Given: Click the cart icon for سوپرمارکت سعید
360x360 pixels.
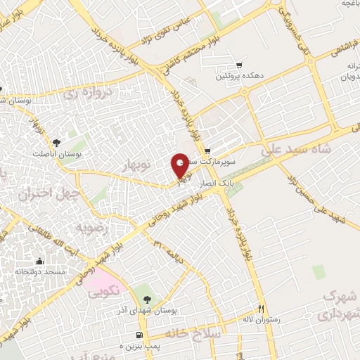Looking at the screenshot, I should (x=207, y=151).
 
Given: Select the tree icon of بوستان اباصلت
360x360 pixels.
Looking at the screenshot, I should (x=66, y=131).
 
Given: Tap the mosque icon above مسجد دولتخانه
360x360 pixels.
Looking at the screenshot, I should (x=40, y=259).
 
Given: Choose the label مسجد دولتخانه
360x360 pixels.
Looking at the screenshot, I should (x=40, y=271).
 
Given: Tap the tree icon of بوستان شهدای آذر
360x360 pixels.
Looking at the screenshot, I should (x=147, y=289).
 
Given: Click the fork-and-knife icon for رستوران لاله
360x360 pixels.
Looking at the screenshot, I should (x=261, y=307).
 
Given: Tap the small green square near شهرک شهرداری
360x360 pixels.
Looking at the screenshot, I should (x=319, y=271).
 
